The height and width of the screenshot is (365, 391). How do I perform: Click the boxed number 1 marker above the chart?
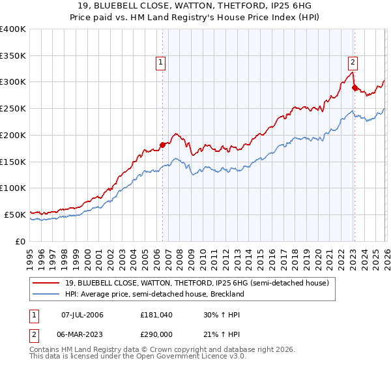(160, 63)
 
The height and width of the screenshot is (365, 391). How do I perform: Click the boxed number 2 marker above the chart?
(353, 63)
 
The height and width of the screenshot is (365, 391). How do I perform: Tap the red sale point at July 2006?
(162, 145)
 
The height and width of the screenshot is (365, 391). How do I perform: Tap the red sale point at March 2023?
(355, 87)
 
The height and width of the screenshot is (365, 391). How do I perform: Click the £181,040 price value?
(158, 315)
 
